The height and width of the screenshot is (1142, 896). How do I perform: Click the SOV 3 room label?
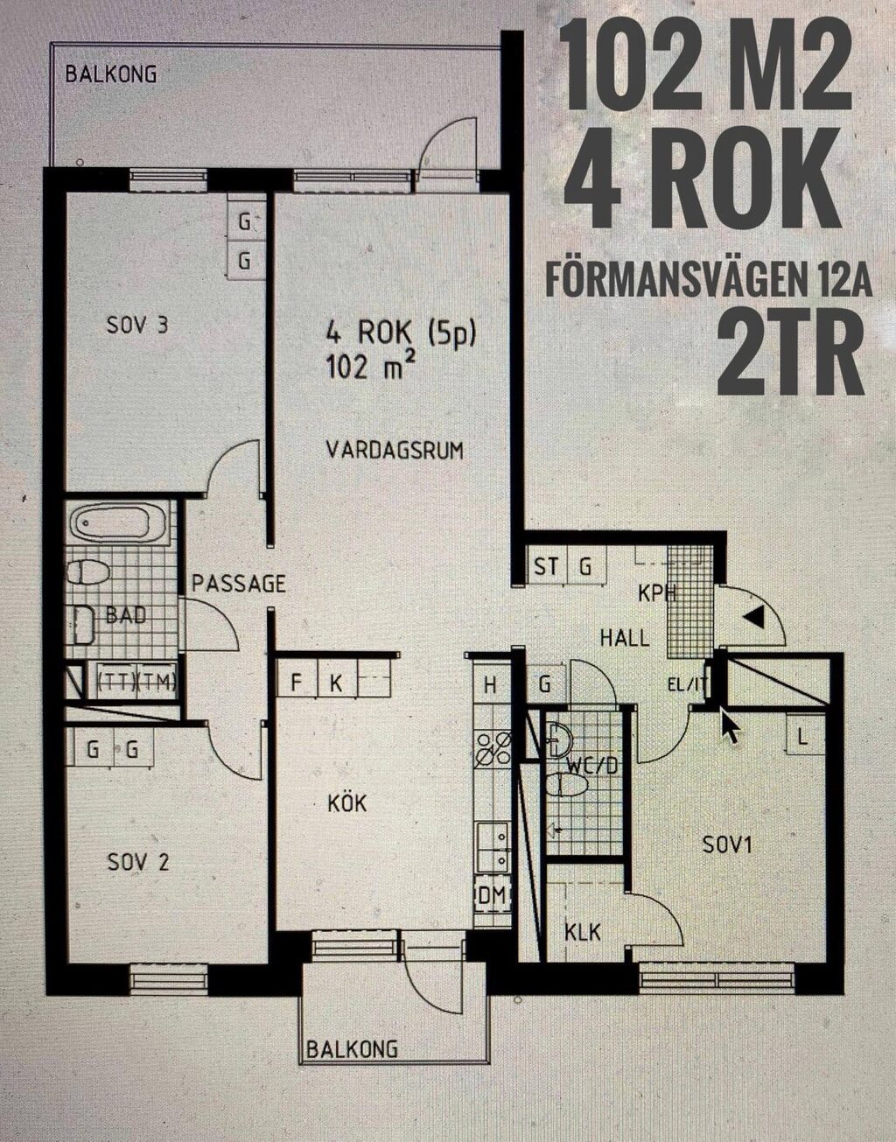pos(136,326)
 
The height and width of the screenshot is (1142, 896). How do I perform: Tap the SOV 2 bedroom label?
pos(138,863)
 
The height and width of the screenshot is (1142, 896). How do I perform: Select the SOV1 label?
pos(728,845)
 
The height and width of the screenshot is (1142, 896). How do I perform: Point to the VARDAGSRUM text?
pos(394,451)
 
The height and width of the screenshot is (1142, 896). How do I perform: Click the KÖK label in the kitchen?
pos(347,803)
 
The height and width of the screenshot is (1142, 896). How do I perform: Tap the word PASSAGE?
pos(239,584)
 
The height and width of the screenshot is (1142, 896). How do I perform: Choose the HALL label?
pos(625,638)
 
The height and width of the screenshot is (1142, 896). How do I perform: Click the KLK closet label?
pos(583,933)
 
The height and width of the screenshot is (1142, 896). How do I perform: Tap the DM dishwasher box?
pos(492,894)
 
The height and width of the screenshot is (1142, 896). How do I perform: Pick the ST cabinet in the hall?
pos(546,567)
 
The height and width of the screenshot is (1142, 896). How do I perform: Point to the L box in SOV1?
pos(801,736)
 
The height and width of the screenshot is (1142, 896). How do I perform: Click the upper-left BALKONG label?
pos(111,74)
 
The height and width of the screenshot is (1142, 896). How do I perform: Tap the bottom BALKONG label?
pos(352,1048)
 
